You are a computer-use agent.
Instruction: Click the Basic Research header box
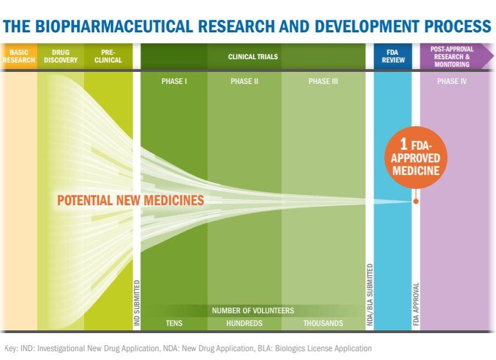click(x=19, y=57)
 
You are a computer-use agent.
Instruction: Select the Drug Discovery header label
click(x=61, y=57)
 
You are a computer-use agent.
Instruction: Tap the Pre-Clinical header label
click(x=108, y=57)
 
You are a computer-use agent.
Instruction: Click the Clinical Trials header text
click(x=253, y=57)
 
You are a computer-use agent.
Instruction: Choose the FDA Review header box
click(x=393, y=57)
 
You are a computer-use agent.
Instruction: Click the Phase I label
click(x=174, y=81)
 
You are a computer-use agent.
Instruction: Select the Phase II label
click(x=244, y=81)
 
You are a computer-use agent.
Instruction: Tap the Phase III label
click(x=323, y=81)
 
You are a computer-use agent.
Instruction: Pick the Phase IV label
click(x=452, y=81)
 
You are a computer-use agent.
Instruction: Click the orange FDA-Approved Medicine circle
click(x=416, y=157)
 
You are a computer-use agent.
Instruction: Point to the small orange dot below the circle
click(x=416, y=201)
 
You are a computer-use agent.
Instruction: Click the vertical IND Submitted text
click(x=137, y=303)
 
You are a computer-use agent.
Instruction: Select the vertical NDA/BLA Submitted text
click(x=370, y=295)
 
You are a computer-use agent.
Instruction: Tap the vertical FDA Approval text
click(x=416, y=304)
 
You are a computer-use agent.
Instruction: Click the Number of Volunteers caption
click(x=253, y=311)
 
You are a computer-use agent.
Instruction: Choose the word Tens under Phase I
click(x=174, y=323)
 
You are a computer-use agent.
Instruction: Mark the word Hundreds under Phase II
click(x=244, y=323)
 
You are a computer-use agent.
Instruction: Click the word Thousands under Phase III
click(x=323, y=323)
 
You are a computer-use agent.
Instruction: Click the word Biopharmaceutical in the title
click(x=114, y=26)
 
